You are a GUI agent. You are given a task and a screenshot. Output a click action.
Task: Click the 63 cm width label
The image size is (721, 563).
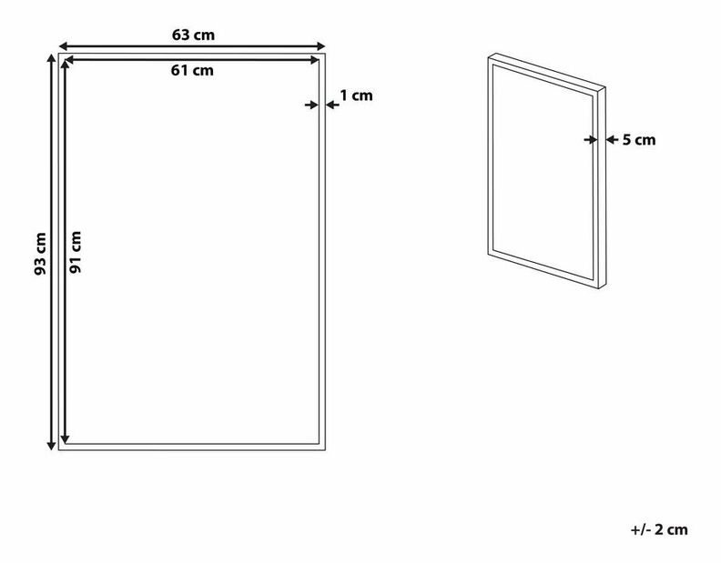(x=192, y=35)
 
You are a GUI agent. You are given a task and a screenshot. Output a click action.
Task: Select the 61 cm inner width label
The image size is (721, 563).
(x=192, y=70)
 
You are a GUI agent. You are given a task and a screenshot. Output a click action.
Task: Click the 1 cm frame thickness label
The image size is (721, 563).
(x=356, y=95)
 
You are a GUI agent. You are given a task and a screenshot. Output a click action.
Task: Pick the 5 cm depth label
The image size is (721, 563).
(x=638, y=140)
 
